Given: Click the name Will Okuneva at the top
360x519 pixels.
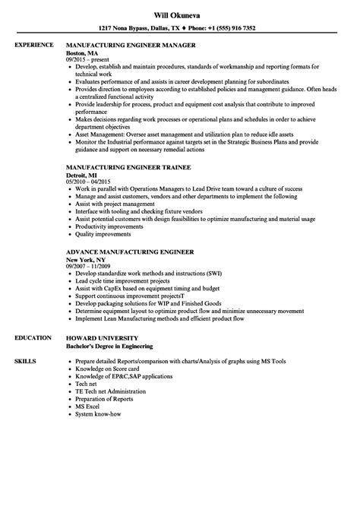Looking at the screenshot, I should (x=179, y=12).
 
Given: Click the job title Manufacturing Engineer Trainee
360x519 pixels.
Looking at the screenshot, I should (x=128, y=166).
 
